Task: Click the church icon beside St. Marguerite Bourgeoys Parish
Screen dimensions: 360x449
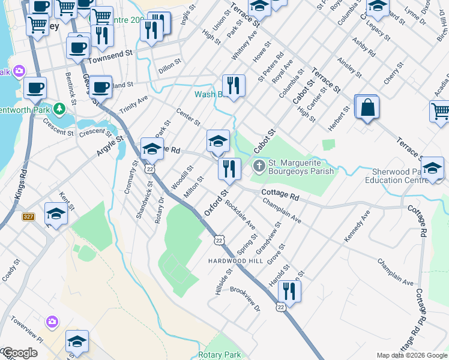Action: [x=259, y=166]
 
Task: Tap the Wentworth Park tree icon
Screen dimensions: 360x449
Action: [x=59, y=109]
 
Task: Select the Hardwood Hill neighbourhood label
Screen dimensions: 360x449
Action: [x=235, y=261]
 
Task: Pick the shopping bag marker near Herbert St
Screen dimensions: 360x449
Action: [x=367, y=107]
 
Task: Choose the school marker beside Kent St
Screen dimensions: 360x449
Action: [x=56, y=214]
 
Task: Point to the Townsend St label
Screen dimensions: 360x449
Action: [x=110, y=54]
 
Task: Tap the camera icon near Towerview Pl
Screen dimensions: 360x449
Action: [x=52, y=322]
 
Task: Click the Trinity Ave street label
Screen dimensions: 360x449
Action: [x=133, y=105]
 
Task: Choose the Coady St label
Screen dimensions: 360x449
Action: [x=11, y=270]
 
